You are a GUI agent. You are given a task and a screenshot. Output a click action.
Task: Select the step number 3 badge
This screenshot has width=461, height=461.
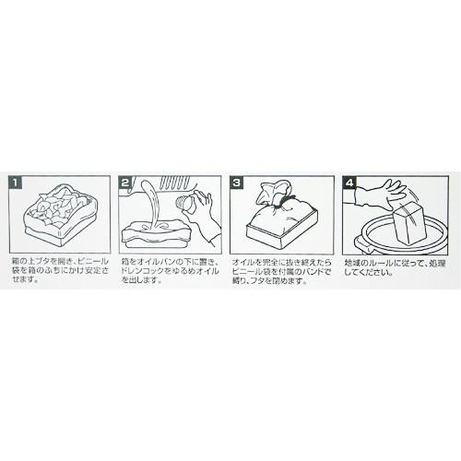[x=238, y=183]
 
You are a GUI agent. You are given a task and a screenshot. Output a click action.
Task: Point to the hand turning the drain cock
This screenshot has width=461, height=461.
[x=205, y=212]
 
